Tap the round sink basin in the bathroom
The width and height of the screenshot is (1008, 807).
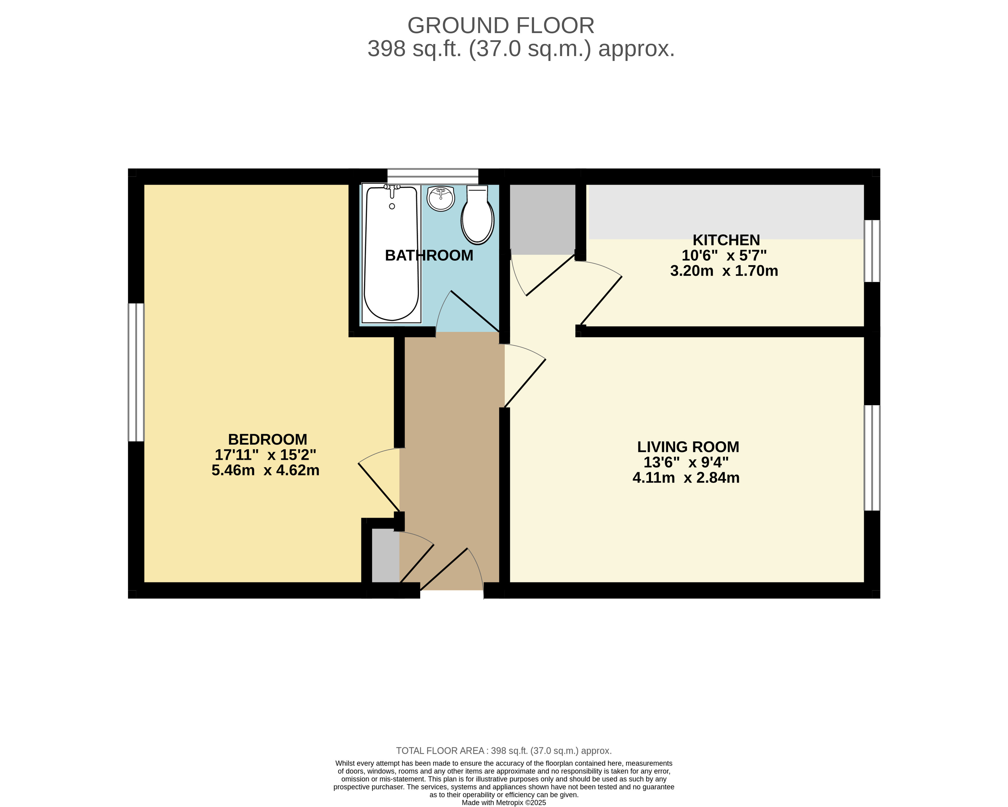(440, 198)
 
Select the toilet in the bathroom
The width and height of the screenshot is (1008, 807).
(477, 214)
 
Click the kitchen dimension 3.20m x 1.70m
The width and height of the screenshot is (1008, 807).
(724, 271)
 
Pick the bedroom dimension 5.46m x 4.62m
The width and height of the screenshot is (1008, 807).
(266, 470)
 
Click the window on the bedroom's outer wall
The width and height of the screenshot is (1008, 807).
(136, 372)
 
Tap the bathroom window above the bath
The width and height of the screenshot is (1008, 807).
(433, 176)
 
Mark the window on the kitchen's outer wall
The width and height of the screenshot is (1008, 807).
(872, 251)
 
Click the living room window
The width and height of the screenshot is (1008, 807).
(872, 458)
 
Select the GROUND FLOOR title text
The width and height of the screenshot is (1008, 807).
(501, 25)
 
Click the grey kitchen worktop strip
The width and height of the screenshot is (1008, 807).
(726, 212)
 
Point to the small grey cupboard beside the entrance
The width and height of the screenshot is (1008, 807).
(386, 555)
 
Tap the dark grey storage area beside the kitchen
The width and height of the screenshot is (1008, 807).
(542, 219)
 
